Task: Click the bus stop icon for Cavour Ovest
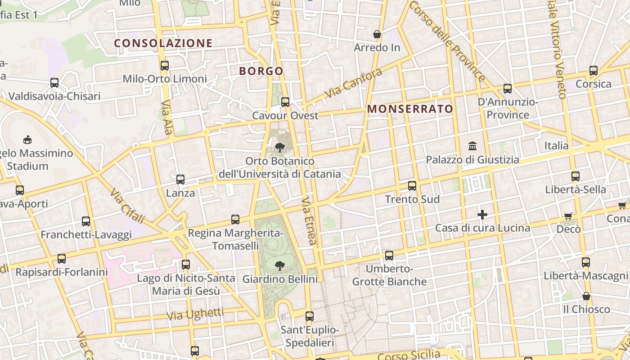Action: pyautogui.click(x=285, y=102)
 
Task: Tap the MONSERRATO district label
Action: pyautogui.click(x=410, y=109)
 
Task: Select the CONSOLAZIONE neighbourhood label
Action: pyautogui.click(x=163, y=43)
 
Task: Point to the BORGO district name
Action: pyautogui.click(x=261, y=71)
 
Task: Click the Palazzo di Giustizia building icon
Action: pyautogui.click(x=472, y=146)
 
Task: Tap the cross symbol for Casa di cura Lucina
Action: pyautogui.click(x=482, y=215)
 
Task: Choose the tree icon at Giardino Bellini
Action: pyautogui.click(x=280, y=265)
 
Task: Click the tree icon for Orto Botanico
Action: pyautogui.click(x=280, y=147)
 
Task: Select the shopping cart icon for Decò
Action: pyautogui.click(x=568, y=216)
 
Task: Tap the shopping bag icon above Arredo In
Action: pyautogui.click(x=377, y=34)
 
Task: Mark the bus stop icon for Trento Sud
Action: pyautogui.click(x=412, y=186)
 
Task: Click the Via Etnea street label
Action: pyautogui.click(x=309, y=220)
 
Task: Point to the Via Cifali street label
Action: pyautogui.click(x=127, y=206)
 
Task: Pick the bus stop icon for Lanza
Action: pyautogui.click(x=180, y=180)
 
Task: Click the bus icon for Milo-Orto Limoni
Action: pyautogui.click(x=164, y=66)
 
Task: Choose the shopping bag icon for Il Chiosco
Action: pyautogui.click(x=586, y=296)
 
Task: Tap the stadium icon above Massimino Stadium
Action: pyautogui.click(x=27, y=139)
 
